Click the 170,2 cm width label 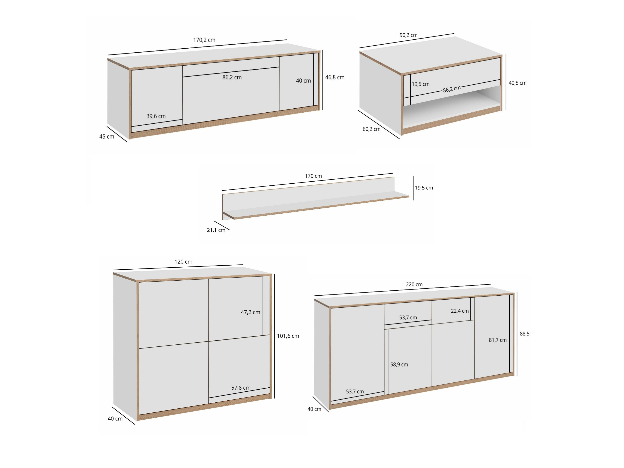pyautogui.click(x=204, y=40)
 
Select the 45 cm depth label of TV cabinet pyautogui.click(x=107, y=137)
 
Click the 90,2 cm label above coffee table pyautogui.click(x=408, y=35)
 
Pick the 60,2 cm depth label pyautogui.click(x=371, y=129)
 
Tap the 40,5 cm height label pyautogui.click(x=517, y=83)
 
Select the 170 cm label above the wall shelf pyautogui.click(x=313, y=176)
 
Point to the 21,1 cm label pyautogui.click(x=216, y=230)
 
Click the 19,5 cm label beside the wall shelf pyautogui.click(x=424, y=188)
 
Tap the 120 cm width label pyautogui.click(x=183, y=262)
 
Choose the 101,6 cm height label pyautogui.click(x=288, y=336)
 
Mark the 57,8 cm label pyautogui.click(x=241, y=388)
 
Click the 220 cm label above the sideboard pyautogui.click(x=414, y=285)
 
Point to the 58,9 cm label pyautogui.click(x=399, y=365)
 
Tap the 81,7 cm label pyautogui.click(x=498, y=340)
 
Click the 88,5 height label pyautogui.click(x=524, y=334)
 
